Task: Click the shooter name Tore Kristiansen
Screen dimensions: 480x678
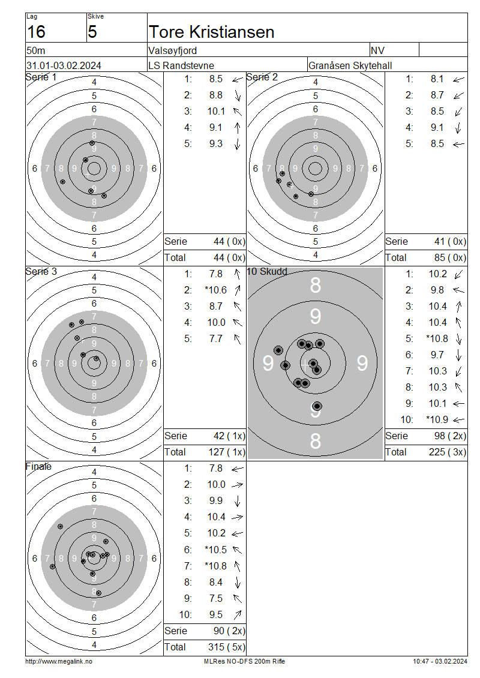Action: pyautogui.click(x=211, y=32)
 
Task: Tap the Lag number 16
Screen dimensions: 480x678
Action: pyautogui.click(x=37, y=32)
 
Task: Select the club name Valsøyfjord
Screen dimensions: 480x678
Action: pyautogui.click(x=173, y=50)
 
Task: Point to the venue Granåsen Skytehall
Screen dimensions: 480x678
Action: pyautogui.click(x=350, y=66)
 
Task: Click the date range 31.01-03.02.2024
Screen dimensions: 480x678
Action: pyautogui.click(x=64, y=66)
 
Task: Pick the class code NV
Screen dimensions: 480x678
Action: pyautogui.click(x=377, y=50)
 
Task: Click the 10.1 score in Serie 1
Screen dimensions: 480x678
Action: pyautogui.click(x=216, y=111)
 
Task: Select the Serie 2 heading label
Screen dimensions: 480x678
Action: pyautogui.click(x=262, y=77)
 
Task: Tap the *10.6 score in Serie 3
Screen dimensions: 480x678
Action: pyautogui.click(x=216, y=290)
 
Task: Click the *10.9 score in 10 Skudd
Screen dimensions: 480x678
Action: pyautogui.click(x=437, y=419)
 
